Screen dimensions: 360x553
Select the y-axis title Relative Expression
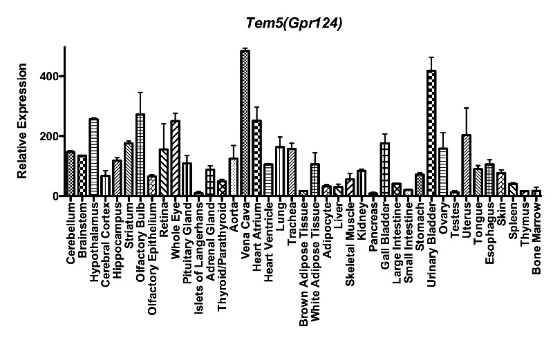coord(23,122)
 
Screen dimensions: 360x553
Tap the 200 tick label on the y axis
coord(48,136)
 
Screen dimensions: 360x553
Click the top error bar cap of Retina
coord(164,124)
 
